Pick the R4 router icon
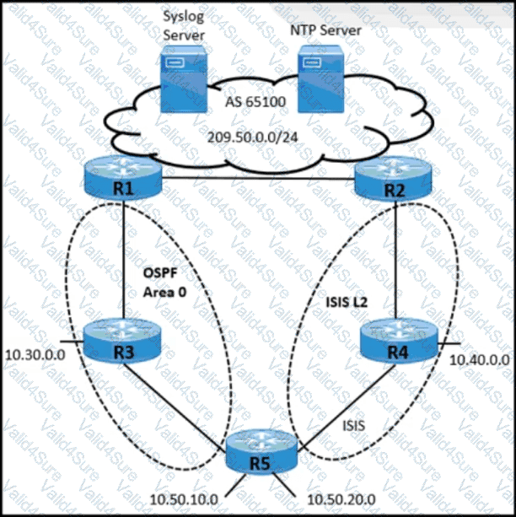(395, 341)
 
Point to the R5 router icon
(261, 454)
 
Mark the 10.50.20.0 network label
(335, 498)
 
